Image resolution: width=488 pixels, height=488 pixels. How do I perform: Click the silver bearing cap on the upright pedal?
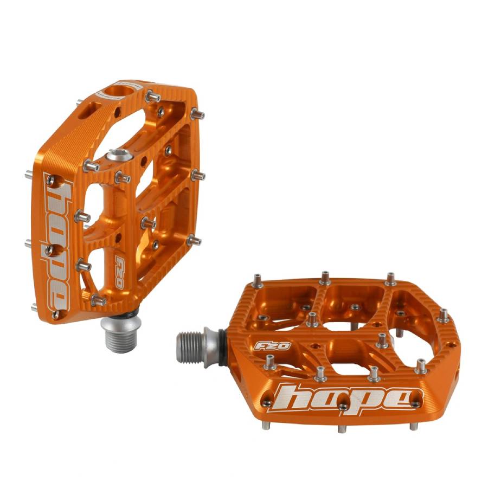[x=119, y=156]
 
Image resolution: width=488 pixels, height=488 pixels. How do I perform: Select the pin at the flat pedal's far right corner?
[x=443, y=314]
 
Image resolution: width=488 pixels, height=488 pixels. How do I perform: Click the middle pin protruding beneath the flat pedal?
[x=341, y=428]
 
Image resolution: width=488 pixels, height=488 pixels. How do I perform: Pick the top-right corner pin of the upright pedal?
[x=198, y=114]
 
